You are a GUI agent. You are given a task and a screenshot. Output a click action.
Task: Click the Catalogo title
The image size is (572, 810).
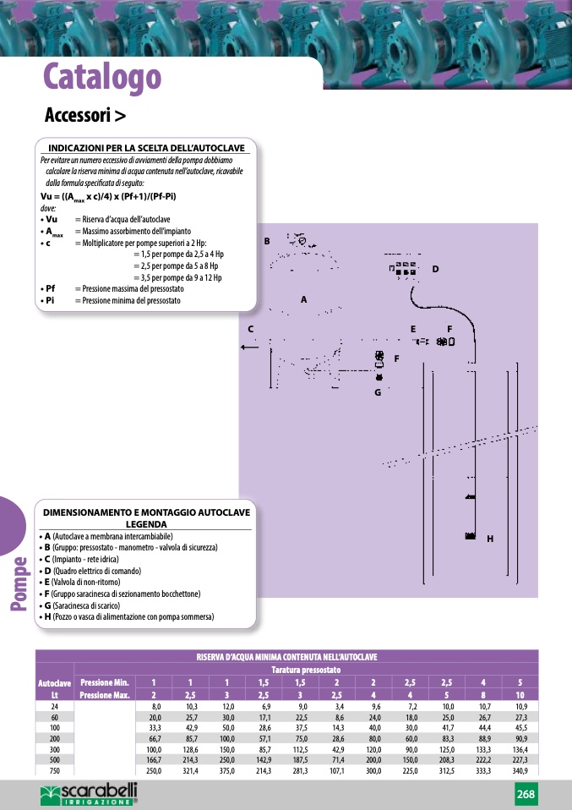coord(102,77)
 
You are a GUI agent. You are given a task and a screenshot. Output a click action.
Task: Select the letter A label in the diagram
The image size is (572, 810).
coord(303,299)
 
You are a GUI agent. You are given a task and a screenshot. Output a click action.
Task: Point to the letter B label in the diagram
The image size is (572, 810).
coord(266,241)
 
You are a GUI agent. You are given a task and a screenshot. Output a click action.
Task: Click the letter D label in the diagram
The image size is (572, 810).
coord(435,269)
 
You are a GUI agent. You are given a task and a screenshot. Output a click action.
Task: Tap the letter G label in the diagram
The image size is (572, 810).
coord(378,391)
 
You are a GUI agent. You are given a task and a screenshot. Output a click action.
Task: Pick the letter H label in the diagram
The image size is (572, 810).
coord(489,539)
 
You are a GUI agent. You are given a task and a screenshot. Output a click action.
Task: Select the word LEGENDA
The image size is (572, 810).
coord(146,523)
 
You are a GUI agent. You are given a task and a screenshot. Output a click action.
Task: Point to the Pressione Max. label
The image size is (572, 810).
coord(104,694)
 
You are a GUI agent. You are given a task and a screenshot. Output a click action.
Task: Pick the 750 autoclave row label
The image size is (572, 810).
coord(55,770)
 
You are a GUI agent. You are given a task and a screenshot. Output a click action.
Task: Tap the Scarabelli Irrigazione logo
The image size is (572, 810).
coord(89,793)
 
